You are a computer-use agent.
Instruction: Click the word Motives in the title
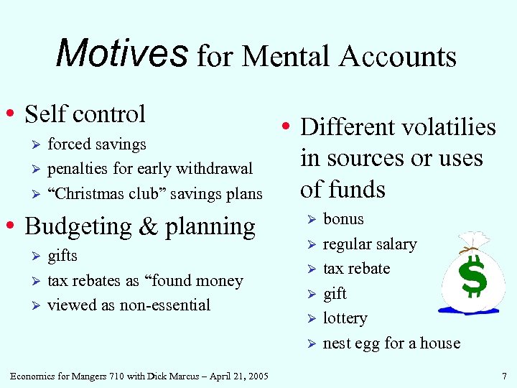coord(121,53)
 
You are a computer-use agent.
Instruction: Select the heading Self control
coord(85,114)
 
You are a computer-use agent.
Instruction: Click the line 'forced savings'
coord(96,144)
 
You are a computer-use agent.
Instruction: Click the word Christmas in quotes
coord(90,194)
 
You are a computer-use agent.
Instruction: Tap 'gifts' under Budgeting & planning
coord(62,256)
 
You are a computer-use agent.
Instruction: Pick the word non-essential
coord(164,305)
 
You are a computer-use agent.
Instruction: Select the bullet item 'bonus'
coord(343,219)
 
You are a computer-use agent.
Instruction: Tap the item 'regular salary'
coord(369,244)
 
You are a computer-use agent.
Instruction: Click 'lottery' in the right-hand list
coord(345,318)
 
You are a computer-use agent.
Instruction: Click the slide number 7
coord(505,375)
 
